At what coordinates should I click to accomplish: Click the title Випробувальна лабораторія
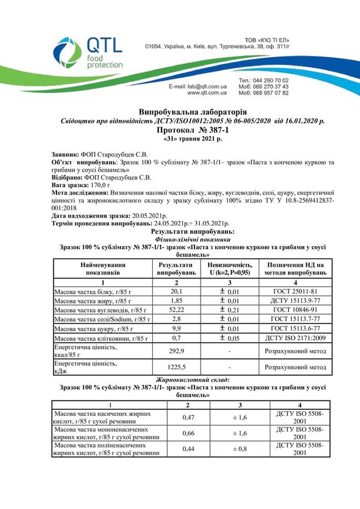point(179,112)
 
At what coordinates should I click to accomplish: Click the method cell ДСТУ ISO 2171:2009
point(295,338)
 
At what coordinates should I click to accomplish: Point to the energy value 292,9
point(176,351)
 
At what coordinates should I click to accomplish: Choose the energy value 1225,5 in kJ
point(176,367)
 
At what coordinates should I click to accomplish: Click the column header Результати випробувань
point(177,269)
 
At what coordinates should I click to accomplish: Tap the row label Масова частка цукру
point(92,328)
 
